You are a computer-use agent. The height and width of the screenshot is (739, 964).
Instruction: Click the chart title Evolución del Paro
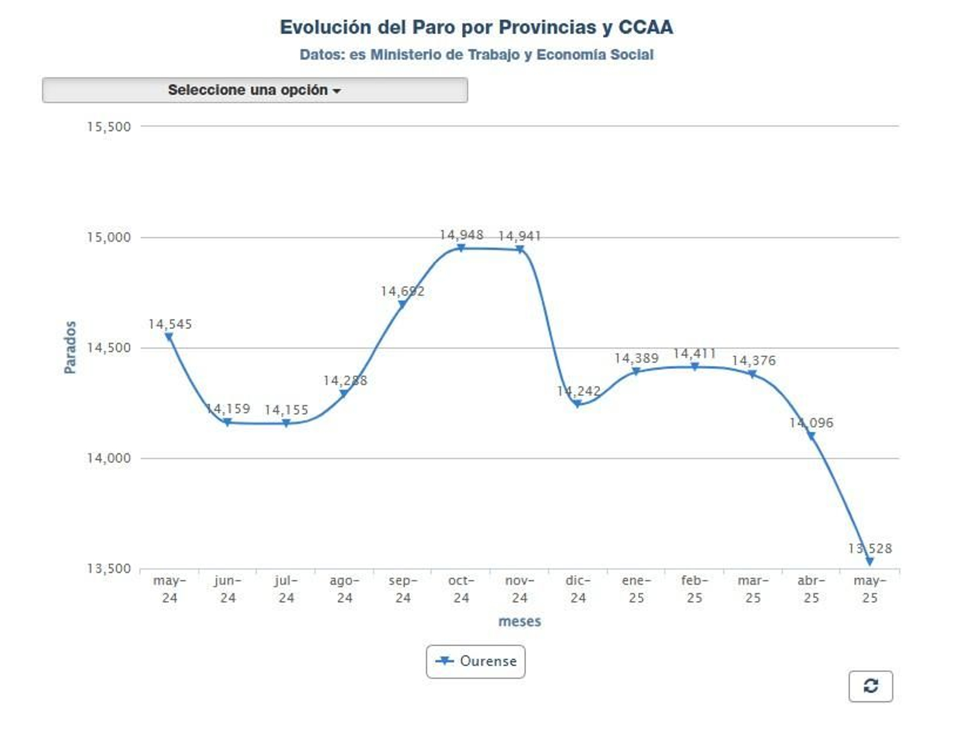tap(476, 28)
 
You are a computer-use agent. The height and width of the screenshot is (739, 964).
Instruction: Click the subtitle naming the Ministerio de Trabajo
tap(476, 55)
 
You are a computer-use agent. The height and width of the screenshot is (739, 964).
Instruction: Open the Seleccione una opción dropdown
tap(254, 90)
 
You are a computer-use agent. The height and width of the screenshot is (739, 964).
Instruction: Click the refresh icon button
tap(870, 686)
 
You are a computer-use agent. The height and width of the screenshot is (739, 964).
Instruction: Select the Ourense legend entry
tap(475, 661)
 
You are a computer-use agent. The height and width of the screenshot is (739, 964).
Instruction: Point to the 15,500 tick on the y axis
tap(108, 127)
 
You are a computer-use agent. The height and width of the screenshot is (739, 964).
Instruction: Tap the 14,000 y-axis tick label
tap(108, 458)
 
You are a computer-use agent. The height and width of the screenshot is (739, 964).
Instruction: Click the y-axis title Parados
tap(70, 347)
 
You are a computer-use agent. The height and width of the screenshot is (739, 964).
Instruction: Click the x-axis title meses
tap(519, 621)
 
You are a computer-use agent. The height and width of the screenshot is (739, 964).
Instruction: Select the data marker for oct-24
tap(461, 248)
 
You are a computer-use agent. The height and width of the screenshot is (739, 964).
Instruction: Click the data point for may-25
tap(869, 561)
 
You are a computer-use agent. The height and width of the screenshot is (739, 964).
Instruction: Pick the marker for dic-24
tap(577, 404)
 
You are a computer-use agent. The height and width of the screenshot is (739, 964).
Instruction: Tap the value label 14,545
tap(170, 324)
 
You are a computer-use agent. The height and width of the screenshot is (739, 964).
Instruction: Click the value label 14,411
tap(694, 354)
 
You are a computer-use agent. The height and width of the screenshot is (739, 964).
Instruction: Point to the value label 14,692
tap(402, 292)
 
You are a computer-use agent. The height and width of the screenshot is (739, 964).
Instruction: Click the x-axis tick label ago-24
tap(344, 590)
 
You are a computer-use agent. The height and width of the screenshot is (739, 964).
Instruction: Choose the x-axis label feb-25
tap(694, 590)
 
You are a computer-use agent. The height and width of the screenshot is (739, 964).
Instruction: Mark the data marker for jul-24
tap(286, 423)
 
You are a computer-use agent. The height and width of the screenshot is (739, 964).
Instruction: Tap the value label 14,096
tap(811, 423)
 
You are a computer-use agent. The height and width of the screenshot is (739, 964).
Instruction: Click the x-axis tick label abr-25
tap(811, 590)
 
